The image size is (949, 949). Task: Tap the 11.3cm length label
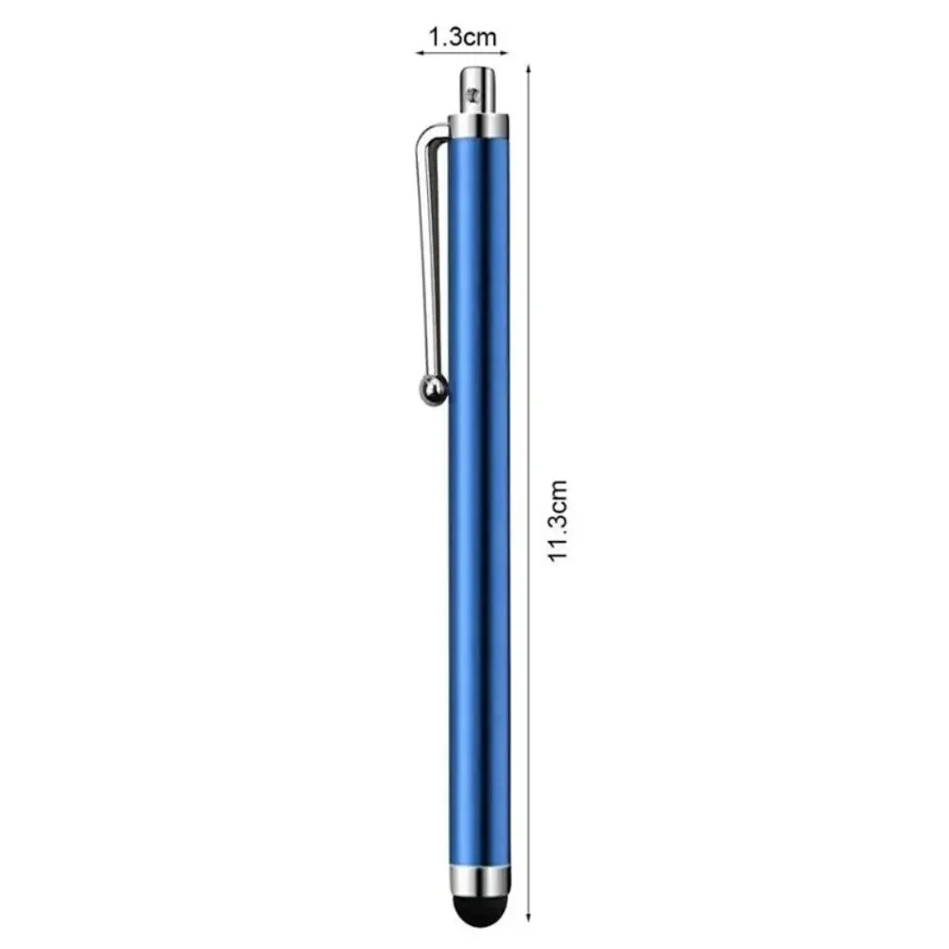559,519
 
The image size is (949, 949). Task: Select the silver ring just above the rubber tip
478,877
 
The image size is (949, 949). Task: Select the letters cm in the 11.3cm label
559,496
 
